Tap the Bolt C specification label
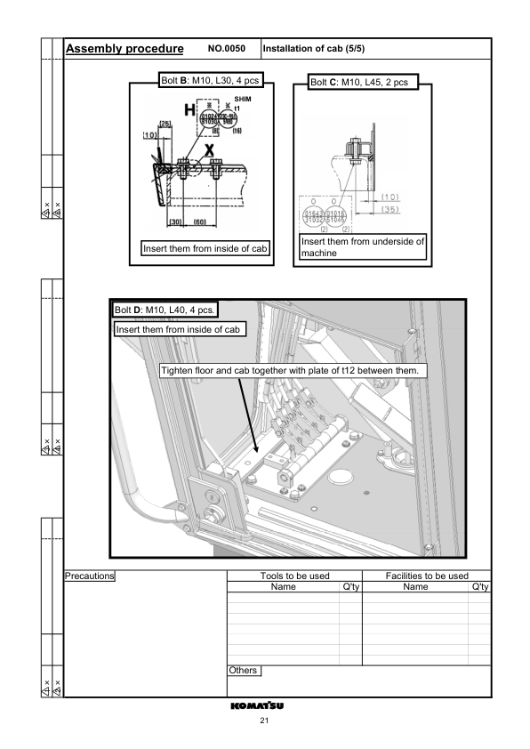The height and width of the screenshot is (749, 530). coord(359,83)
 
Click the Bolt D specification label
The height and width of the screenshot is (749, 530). coord(165,310)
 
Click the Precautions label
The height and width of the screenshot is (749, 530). coord(91,576)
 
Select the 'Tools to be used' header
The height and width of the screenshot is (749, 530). coord(293,576)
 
